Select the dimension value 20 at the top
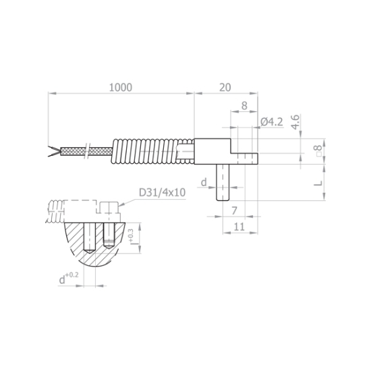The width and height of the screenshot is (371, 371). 225,87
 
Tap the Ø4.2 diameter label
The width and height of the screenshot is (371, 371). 270,121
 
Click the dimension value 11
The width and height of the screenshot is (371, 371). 238,227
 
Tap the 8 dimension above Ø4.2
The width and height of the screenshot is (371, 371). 244,106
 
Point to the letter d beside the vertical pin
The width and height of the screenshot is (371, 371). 203,182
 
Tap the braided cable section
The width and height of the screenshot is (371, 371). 84,150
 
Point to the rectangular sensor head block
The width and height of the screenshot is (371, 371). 212,151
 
